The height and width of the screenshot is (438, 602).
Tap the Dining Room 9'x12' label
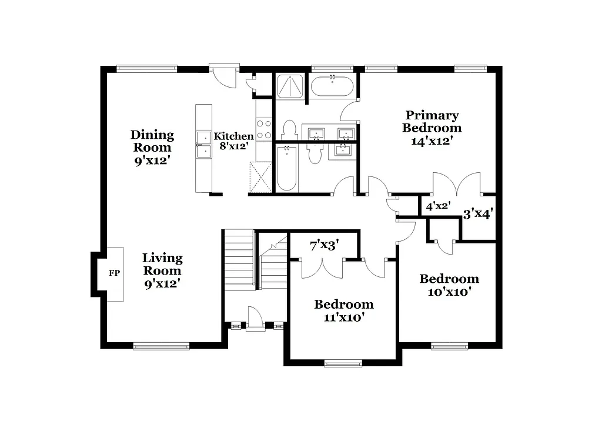pos(152,147)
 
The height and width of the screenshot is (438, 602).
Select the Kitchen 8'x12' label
pos(233,141)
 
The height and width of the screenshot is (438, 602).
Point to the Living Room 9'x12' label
pos(162,270)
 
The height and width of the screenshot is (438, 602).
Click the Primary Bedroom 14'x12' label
pos(432,128)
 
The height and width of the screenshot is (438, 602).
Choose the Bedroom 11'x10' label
pos(344,310)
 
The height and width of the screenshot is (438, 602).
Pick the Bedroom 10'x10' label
pos(449,285)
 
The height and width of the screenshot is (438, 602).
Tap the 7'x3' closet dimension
pos(325,245)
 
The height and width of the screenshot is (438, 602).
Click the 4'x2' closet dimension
pos(438,206)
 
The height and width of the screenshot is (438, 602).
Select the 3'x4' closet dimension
pos(477,215)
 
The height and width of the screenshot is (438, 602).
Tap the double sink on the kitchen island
pos(204,145)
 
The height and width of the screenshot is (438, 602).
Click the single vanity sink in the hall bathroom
pos(343,150)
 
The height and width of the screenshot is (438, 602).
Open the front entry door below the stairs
pos(256,320)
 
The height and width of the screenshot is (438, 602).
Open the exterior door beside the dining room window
pos(225,76)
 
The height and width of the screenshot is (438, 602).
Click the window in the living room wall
pos(161,347)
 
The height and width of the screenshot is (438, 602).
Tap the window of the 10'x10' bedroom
pos(450,346)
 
